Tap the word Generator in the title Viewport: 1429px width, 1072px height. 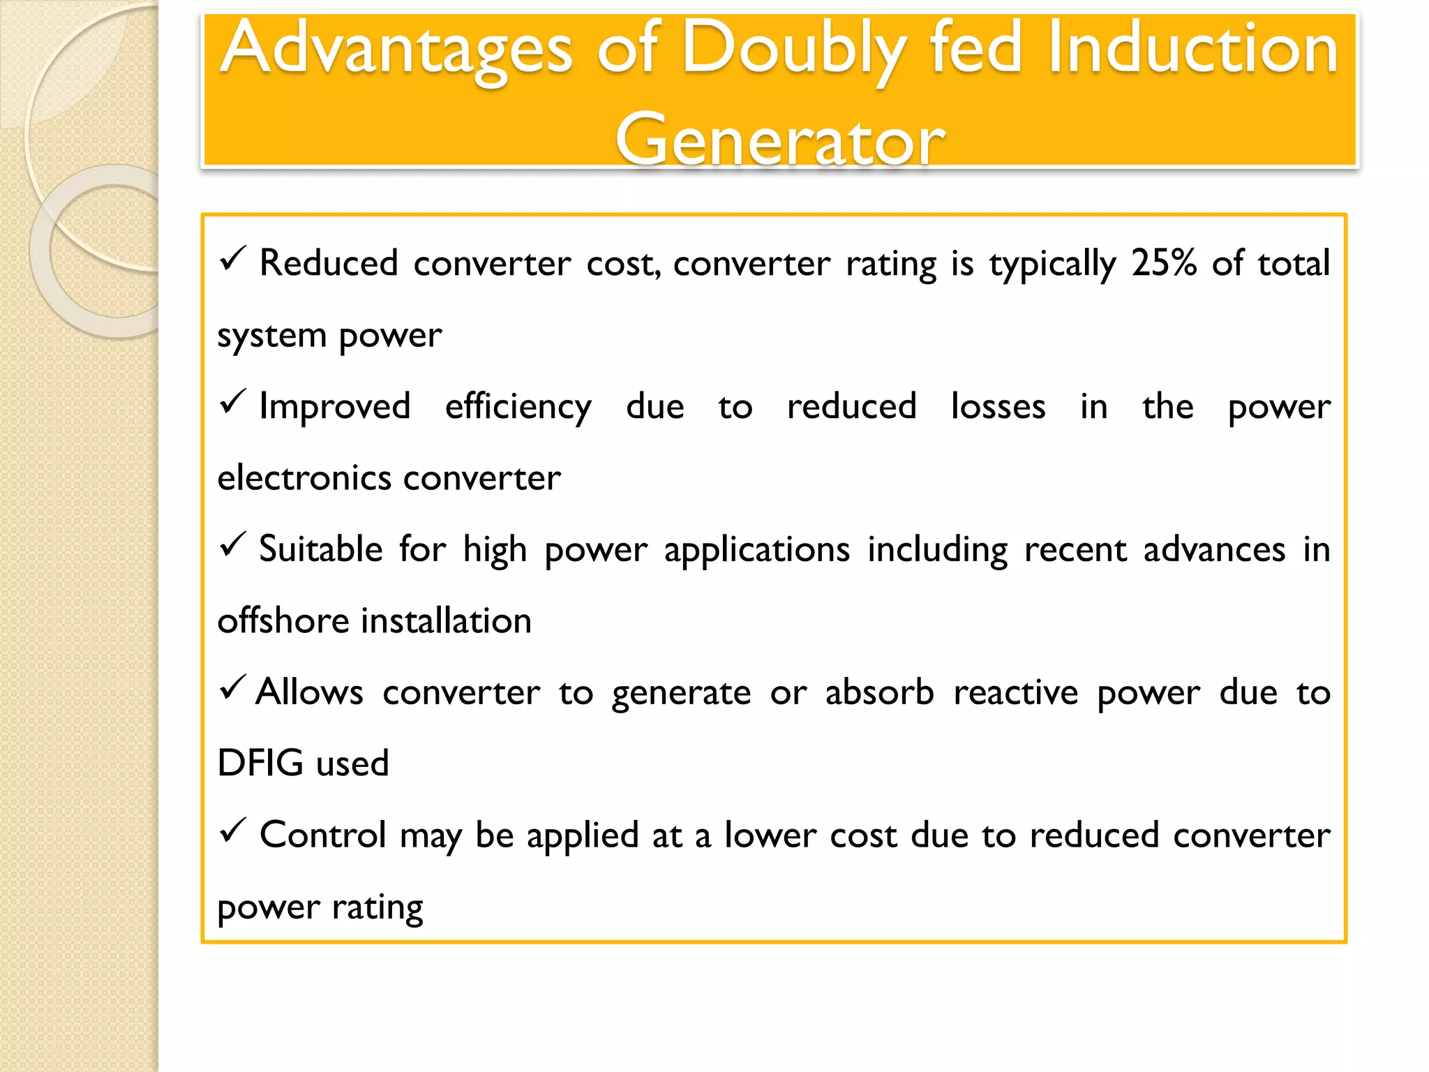(x=779, y=140)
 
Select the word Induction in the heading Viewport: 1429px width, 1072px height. (x=1192, y=49)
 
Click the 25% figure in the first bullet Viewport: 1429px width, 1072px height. (x=1164, y=264)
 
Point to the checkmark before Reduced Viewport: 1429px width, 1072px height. (x=232, y=260)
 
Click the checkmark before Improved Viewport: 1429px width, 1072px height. (x=232, y=402)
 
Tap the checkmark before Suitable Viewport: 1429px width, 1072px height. (x=232, y=545)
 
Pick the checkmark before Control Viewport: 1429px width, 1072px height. (x=232, y=831)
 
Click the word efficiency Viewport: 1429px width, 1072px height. (x=518, y=408)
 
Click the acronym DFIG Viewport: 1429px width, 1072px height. (x=260, y=763)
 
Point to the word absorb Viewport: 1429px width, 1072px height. (x=879, y=692)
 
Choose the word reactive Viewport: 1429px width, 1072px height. (x=1015, y=693)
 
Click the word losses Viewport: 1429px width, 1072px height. (x=998, y=406)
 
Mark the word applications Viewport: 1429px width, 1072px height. (x=756, y=550)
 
